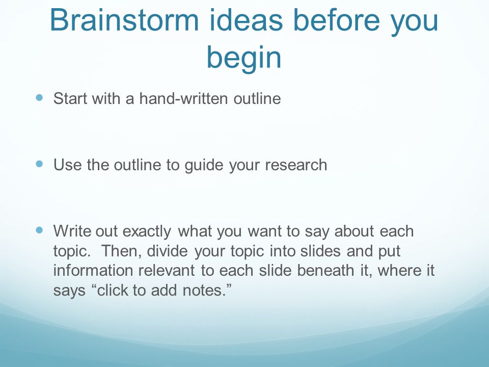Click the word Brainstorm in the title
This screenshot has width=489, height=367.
tap(124, 20)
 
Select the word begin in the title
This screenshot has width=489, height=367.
tap(244, 58)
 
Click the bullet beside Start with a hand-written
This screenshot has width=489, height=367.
tap(39, 98)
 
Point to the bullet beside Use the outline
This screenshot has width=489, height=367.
tap(39, 164)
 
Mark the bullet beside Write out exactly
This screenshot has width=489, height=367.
tap(39, 230)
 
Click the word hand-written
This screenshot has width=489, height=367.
tap(184, 98)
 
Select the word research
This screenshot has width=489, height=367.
tap(296, 165)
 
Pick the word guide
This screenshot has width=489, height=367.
tap(204, 165)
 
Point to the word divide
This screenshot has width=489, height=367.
tap(167, 251)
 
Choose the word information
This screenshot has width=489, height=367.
tap(93, 270)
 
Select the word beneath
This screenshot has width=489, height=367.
tap(325, 270)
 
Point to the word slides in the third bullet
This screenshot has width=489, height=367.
tap(320, 251)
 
